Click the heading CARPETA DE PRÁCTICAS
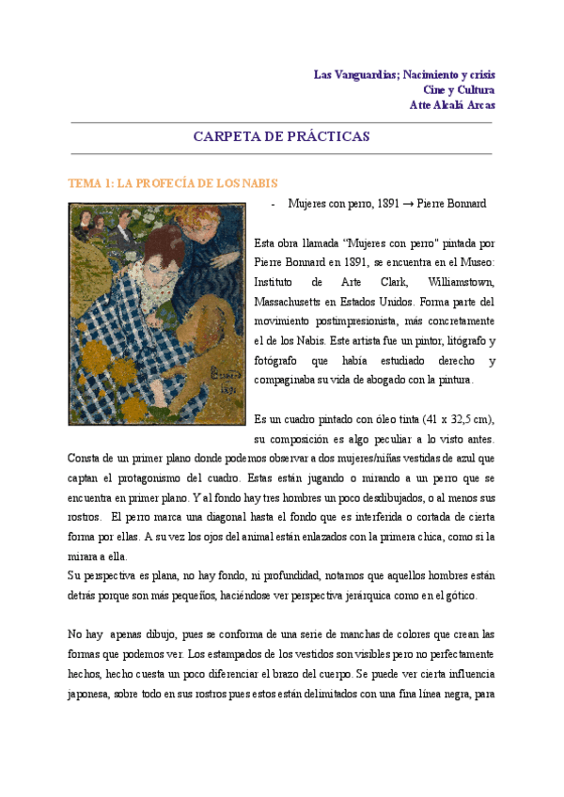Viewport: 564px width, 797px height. click(x=281, y=136)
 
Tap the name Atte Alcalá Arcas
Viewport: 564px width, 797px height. click(x=452, y=104)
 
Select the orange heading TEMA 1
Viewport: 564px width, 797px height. click(x=172, y=183)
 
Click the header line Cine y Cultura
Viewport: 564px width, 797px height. click(x=459, y=89)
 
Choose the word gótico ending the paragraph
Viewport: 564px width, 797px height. click(x=460, y=596)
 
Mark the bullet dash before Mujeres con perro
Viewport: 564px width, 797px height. click(x=273, y=204)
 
